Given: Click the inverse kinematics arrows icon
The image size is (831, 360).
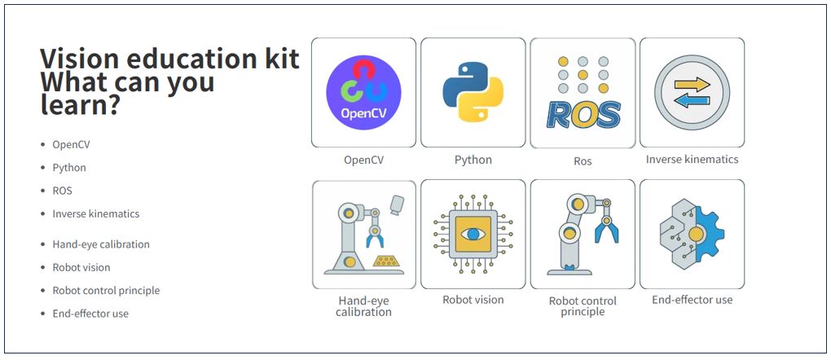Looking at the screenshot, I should (692, 92).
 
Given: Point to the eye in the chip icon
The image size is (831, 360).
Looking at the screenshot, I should (473, 235).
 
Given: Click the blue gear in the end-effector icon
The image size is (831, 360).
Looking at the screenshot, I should (706, 235).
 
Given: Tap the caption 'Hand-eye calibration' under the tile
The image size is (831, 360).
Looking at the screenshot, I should (363, 306).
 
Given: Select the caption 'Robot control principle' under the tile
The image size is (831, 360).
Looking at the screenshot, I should (583, 306).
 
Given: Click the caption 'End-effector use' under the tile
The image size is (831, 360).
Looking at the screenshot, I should (692, 300).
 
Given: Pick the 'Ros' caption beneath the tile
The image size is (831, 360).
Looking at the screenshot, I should (583, 161).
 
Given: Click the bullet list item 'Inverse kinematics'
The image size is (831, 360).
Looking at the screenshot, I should (96, 214).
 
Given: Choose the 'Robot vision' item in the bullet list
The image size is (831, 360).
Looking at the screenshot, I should (81, 267).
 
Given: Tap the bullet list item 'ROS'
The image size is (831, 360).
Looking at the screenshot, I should (63, 191).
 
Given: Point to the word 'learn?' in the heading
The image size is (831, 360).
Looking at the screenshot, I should (80, 105).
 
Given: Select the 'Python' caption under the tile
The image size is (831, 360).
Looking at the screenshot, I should (473, 160).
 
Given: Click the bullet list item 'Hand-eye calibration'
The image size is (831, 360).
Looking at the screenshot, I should (101, 244).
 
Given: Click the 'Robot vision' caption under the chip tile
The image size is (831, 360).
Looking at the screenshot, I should (473, 300).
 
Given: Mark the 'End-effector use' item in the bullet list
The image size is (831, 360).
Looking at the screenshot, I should (90, 314).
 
